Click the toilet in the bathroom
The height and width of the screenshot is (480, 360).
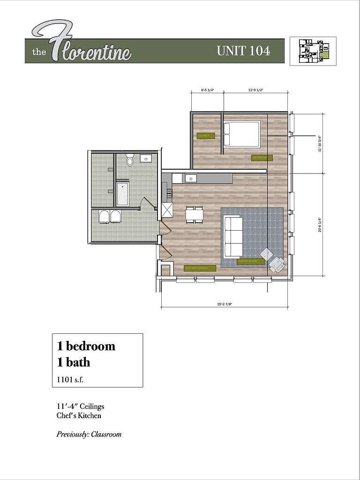(x=130, y=161)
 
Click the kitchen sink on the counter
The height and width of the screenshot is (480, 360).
(x=190, y=178)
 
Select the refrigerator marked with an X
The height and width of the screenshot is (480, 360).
(x=167, y=210)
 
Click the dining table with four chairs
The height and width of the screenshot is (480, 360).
(x=195, y=214)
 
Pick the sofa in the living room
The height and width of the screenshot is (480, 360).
(x=232, y=236)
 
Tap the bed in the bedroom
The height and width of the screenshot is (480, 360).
(x=241, y=134)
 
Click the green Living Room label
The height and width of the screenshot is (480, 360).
(x=247, y=262)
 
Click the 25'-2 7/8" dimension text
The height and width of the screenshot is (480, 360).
(x=225, y=304)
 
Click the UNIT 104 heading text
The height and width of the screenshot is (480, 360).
(x=243, y=51)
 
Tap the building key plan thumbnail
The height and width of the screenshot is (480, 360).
(x=312, y=51)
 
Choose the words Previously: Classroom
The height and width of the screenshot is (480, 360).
(x=89, y=434)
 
